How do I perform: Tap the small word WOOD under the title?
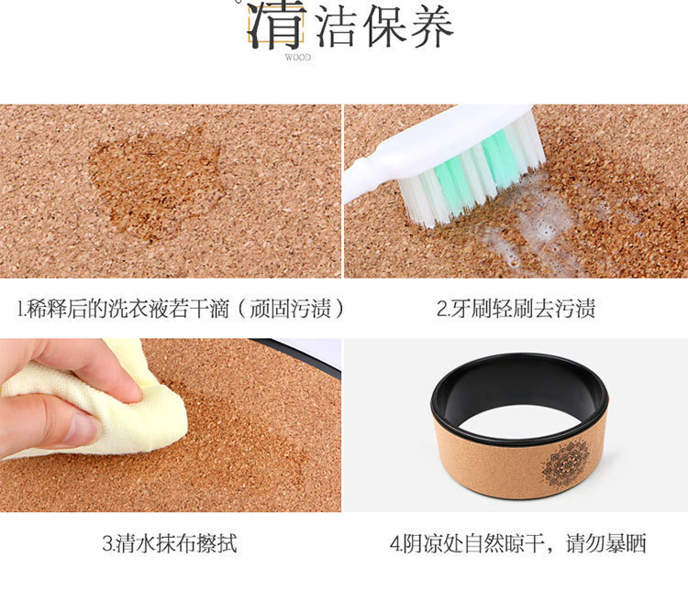[298, 58]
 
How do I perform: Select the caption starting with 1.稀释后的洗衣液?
[181, 309]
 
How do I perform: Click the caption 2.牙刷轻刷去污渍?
[516, 309]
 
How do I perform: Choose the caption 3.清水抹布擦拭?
[170, 543]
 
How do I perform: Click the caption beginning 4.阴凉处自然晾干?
[517, 543]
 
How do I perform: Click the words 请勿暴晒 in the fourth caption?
[606, 543]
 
